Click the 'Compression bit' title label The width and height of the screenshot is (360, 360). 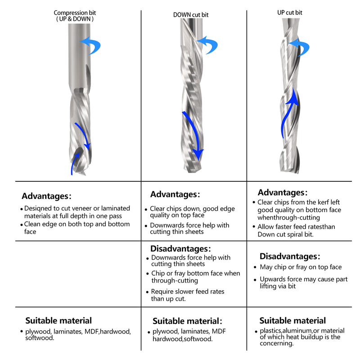pyautogui.click(x=75, y=13)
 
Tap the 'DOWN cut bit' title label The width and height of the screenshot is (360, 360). pyautogui.click(x=191, y=15)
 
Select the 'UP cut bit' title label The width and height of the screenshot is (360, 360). pyautogui.click(x=290, y=13)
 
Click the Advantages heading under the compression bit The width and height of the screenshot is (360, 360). pyautogui.click(x=47, y=196)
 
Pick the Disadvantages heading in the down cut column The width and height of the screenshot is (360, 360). pyautogui.click(x=180, y=249)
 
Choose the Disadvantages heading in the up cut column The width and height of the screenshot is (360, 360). pyautogui.click(x=290, y=256)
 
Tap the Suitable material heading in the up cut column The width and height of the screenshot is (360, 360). pyautogui.click(x=292, y=320)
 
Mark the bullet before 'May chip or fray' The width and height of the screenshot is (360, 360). pyautogui.click(x=255, y=267)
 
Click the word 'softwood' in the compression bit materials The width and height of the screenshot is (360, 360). pyautogui.click(x=39, y=338)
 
